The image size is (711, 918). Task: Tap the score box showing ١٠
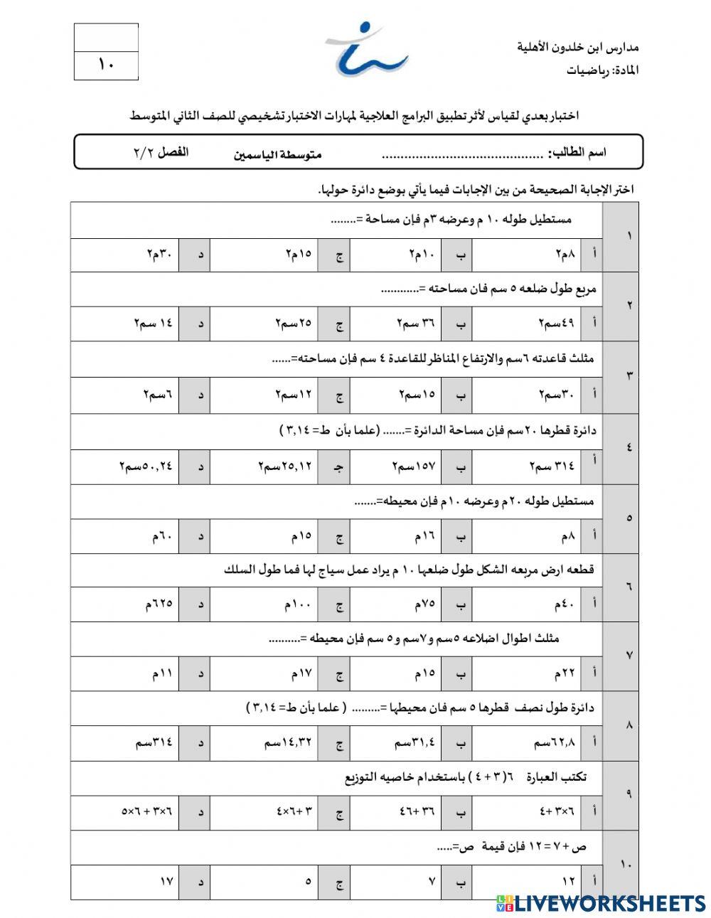click(106, 65)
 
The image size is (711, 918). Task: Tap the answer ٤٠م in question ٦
click(565, 604)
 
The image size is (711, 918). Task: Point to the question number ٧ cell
click(629, 655)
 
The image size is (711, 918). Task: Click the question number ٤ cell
click(629, 448)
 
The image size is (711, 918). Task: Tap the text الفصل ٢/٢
click(161, 153)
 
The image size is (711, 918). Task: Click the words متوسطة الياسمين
click(277, 154)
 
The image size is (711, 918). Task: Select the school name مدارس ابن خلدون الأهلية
click(577, 48)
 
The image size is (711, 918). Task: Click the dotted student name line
click(462, 154)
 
